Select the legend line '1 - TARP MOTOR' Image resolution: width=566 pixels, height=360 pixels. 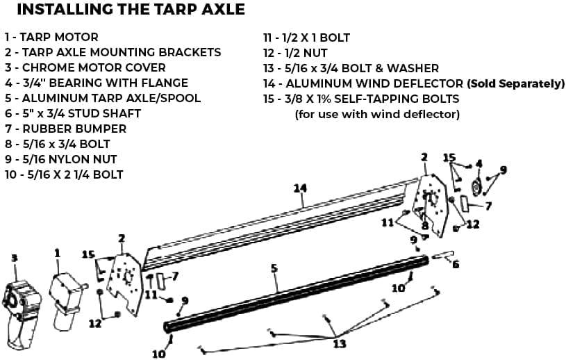(x=51, y=37)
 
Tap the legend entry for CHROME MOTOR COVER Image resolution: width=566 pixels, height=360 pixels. (x=85, y=67)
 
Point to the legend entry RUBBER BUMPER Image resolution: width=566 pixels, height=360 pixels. (x=66, y=129)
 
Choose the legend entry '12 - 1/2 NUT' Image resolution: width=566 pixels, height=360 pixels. (x=295, y=53)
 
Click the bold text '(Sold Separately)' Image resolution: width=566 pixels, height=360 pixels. (x=516, y=84)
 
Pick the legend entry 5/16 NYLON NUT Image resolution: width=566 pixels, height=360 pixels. (x=60, y=159)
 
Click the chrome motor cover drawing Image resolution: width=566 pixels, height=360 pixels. (x=21, y=311)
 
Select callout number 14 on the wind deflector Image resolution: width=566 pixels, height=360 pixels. (x=300, y=188)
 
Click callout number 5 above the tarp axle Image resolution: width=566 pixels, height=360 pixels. (x=274, y=269)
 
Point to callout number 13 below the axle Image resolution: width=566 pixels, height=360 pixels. (x=340, y=343)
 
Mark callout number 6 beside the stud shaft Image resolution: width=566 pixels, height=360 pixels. (x=456, y=264)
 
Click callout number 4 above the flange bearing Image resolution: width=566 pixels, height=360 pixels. (x=478, y=163)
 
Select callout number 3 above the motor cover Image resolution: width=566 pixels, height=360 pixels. (x=14, y=258)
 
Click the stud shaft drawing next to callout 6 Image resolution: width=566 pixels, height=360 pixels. (x=442, y=255)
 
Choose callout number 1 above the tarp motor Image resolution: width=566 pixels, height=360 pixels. (x=57, y=254)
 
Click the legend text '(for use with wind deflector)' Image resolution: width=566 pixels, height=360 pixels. (x=377, y=115)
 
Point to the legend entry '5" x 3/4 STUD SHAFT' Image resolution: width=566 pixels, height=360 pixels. (x=72, y=113)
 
